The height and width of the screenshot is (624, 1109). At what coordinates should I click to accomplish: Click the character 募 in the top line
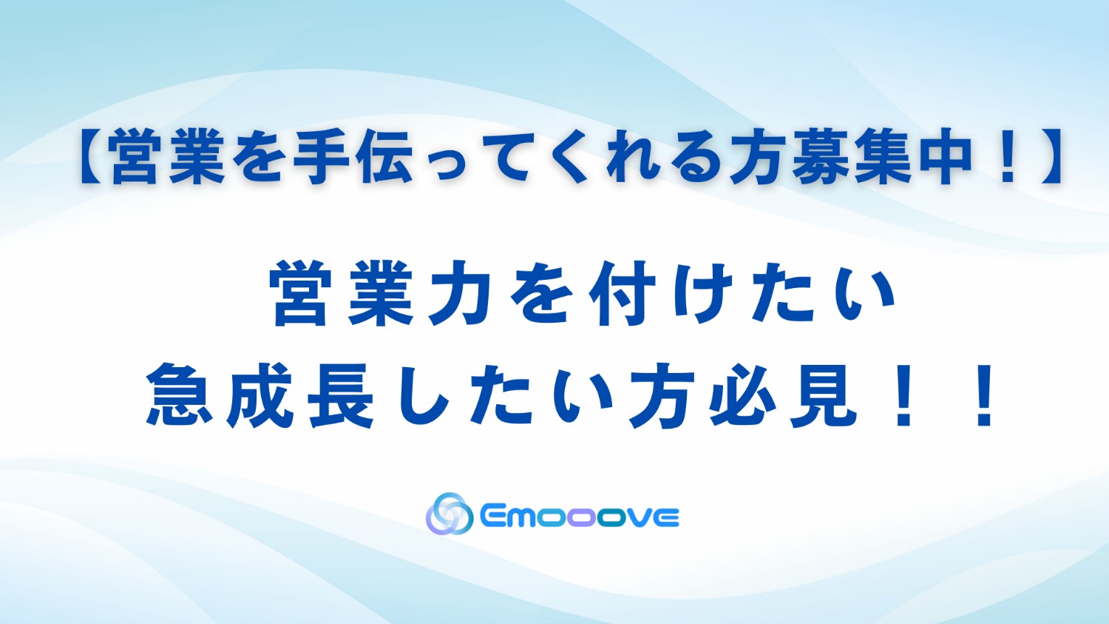coord(819,158)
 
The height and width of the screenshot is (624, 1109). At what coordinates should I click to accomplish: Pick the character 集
coord(881,158)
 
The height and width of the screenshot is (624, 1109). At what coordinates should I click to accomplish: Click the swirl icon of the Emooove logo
coord(449,514)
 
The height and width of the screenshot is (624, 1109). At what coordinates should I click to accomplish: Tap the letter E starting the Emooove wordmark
coord(492,517)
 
